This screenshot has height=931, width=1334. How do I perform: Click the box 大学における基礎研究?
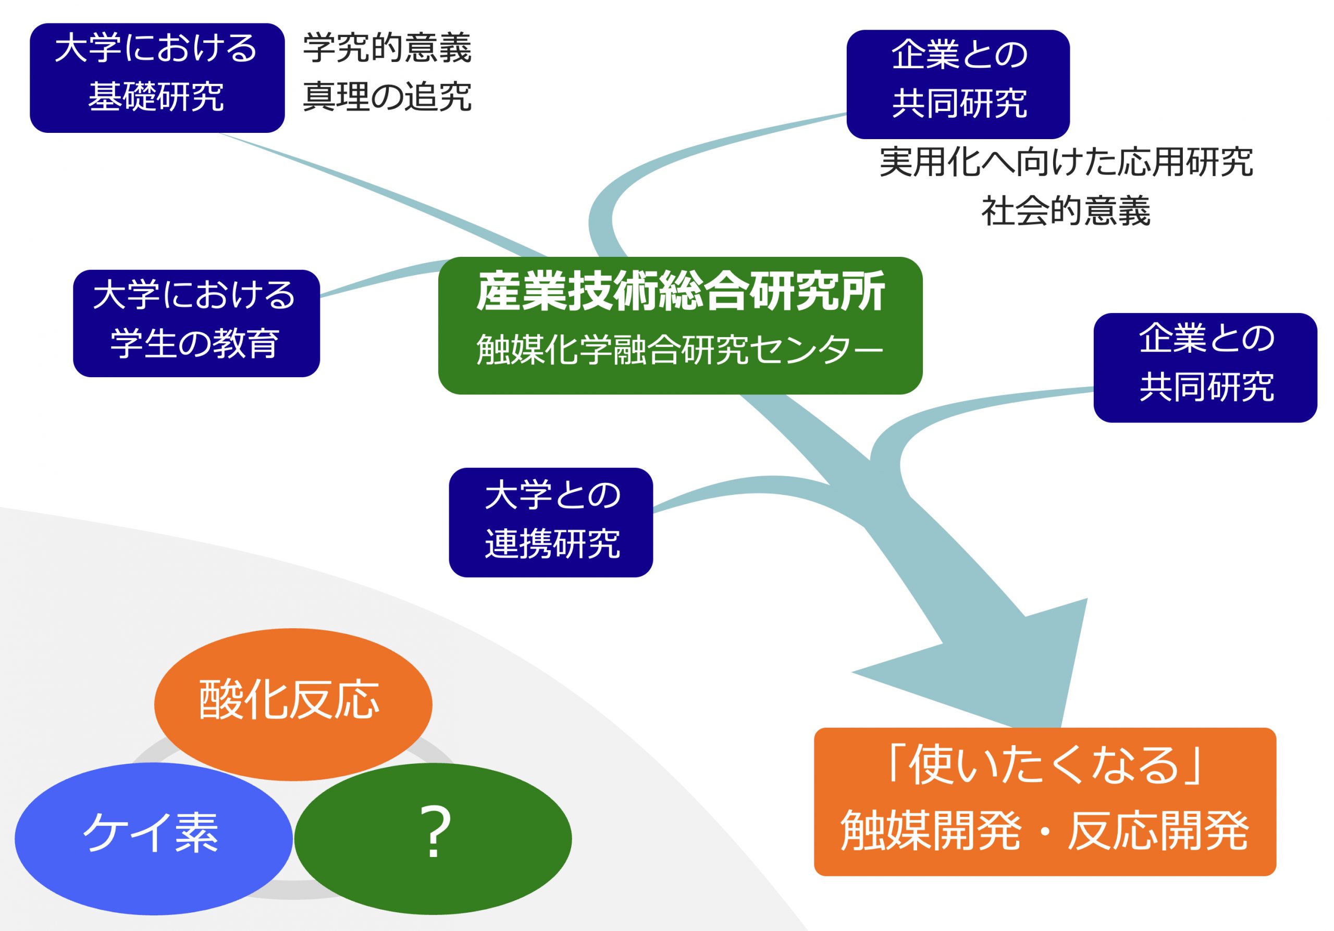[157, 78]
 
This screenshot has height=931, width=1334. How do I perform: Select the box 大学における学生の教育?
[196, 323]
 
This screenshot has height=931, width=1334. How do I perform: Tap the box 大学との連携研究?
[551, 522]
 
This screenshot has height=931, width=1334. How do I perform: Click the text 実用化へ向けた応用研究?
[1066, 162]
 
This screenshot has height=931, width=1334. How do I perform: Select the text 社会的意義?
[1066, 211]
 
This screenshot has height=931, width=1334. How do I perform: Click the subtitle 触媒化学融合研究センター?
[680, 350]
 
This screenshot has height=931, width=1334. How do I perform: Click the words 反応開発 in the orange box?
[1158, 831]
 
